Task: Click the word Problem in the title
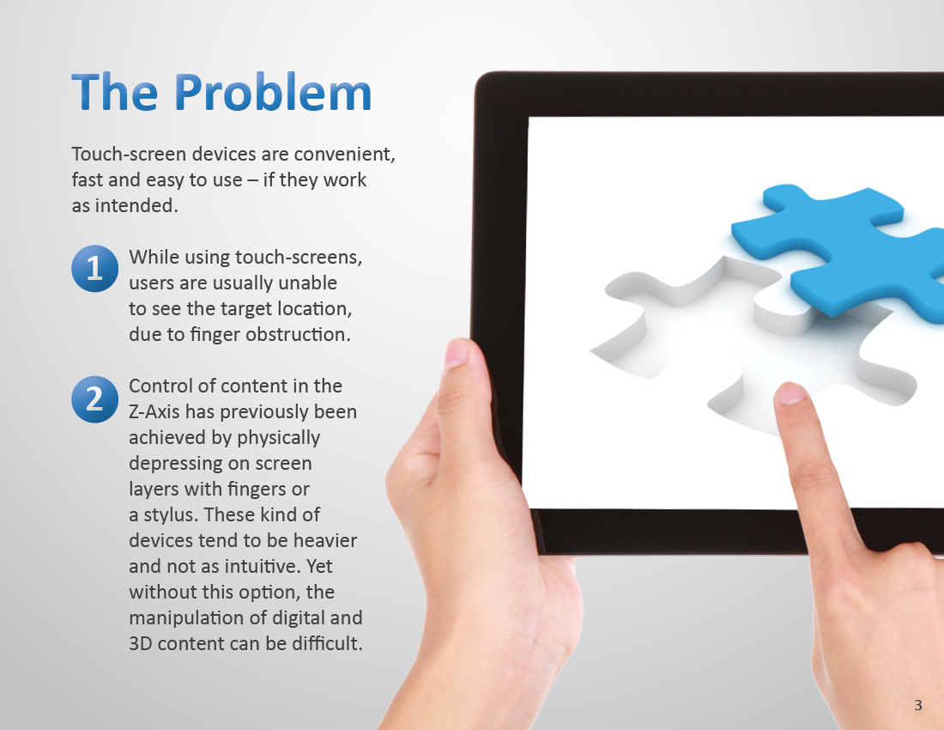[x=273, y=92]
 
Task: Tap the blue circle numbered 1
[x=94, y=268]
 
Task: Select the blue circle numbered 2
[x=94, y=398]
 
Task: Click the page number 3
[x=918, y=705]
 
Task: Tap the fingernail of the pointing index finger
[x=790, y=393]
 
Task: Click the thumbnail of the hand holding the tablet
[x=456, y=355]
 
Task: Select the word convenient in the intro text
[x=344, y=155]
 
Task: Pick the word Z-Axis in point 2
[x=154, y=412]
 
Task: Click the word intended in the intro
[x=136, y=206]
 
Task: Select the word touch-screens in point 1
[x=299, y=257]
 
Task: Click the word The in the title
[x=115, y=92]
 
